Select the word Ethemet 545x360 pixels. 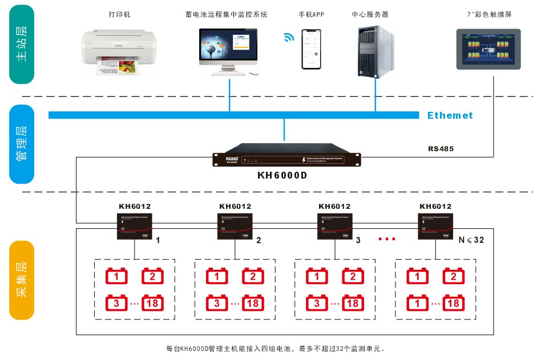click(x=450, y=115)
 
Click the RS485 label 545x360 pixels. click(x=441, y=149)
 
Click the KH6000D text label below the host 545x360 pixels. click(x=282, y=175)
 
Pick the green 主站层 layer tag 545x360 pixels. click(x=22, y=45)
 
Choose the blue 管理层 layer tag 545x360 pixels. click(x=22, y=144)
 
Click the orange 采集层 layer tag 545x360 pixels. click(x=22, y=280)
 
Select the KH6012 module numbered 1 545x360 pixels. click(x=135, y=225)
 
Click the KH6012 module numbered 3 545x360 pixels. click(x=334, y=225)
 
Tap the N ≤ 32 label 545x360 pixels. click(x=471, y=240)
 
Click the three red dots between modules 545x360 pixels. click(x=386, y=239)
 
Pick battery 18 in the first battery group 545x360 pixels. click(x=152, y=302)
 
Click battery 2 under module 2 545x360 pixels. click(x=253, y=277)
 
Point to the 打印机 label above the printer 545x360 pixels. click(x=119, y=14)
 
